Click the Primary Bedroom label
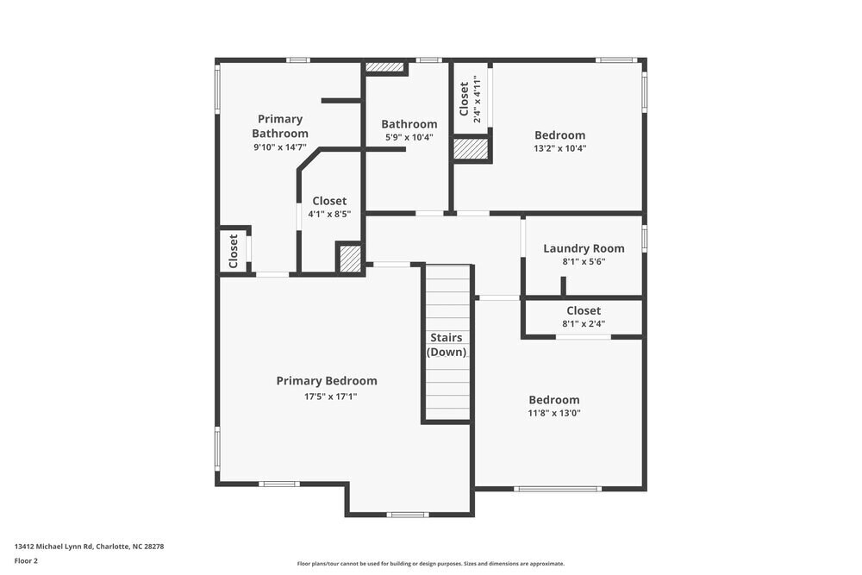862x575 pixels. pos(326,381)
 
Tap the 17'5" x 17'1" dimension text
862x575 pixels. pos(330,397)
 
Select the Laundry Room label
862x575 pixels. pos(584,248)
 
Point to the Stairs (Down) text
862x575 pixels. pos(447,345)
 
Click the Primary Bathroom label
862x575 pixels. pos(280,126)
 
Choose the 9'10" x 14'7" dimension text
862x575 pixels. pos(280,147)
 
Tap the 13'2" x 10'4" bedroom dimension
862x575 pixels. pos(559,148)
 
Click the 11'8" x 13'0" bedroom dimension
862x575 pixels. pos(553,414)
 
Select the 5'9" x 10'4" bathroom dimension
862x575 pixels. pos(409,137)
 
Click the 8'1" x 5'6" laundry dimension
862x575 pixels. pos(584,262)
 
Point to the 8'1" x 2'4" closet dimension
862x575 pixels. pos(584,324)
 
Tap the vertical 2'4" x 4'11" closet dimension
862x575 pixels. pos(478,98)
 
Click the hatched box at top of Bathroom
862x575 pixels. pos(384,66)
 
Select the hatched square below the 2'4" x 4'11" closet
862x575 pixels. pos(471,149)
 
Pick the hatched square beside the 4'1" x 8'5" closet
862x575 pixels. pos(348,259)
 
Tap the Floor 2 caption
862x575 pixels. pos(26,560)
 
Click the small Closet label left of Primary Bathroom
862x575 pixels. pos(234,251)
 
